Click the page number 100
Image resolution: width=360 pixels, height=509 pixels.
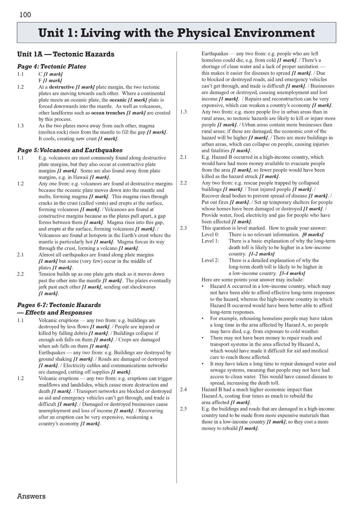[25, 15]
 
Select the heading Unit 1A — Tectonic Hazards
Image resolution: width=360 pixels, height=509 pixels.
[66, 54]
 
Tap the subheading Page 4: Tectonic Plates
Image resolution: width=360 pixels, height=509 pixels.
[52, 66]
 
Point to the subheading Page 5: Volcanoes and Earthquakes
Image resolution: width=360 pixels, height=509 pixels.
[70, 150]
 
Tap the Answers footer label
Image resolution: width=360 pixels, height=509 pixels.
[31, 496]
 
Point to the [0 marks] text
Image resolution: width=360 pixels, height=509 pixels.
[313, 234]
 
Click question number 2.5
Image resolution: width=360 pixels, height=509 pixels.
[183, 409]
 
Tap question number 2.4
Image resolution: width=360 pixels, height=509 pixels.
[183, 389]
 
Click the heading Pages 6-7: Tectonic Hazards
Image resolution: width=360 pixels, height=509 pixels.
[59, 305]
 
